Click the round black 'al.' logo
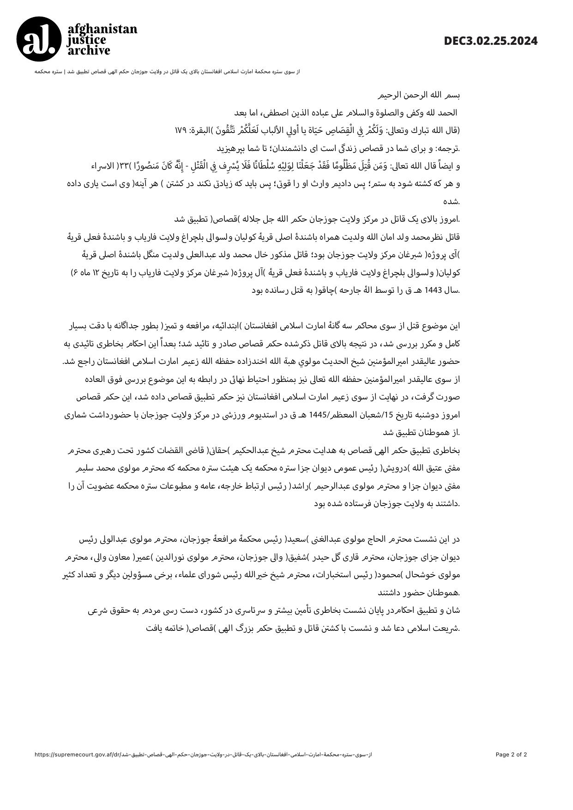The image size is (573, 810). pyautogui.click(x=39, y=39)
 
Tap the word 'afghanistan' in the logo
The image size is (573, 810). pyautogui.click(x=103, y=29)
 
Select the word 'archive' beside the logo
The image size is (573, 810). pyautogui.click(x=89, y=50)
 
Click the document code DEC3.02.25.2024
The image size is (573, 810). pyautogui.click(x=490, y=41)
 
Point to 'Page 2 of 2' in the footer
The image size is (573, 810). pyautogui.click(x=511, y=755)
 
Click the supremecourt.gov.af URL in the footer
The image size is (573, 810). pyautogui.click(x=203, y=755)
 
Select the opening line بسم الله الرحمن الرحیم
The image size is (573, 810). pyautogui.click(x=419, y=96)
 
